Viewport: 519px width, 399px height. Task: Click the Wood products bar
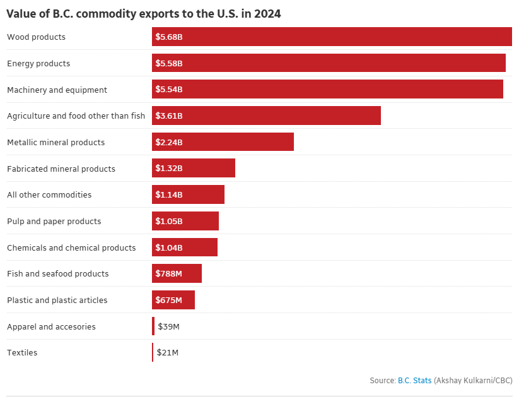(332, 37)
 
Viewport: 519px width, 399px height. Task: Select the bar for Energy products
(329, 63)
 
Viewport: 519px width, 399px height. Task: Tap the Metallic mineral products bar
(223, 142)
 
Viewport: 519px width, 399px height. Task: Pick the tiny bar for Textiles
(153, 352)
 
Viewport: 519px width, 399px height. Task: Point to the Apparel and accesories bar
(153, 326)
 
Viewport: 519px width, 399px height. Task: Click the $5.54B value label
(169, 90)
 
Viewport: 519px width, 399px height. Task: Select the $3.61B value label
(169, 116)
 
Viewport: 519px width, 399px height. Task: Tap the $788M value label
(168, 274)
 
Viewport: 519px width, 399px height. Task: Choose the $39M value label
(168, 326)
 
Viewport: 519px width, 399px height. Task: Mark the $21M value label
(168, 352)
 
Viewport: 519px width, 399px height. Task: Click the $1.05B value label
(169, 221)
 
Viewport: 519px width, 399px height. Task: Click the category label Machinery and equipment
(57, 90)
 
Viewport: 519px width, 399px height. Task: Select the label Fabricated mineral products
(61, 169)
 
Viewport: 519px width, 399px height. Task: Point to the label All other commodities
(49, 194)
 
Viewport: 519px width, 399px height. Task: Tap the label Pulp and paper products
(54, 221)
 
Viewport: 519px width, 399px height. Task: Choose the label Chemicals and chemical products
(71, 247)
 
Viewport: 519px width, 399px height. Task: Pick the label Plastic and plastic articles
(57, 300)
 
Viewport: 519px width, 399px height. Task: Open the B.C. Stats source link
(414, 381)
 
